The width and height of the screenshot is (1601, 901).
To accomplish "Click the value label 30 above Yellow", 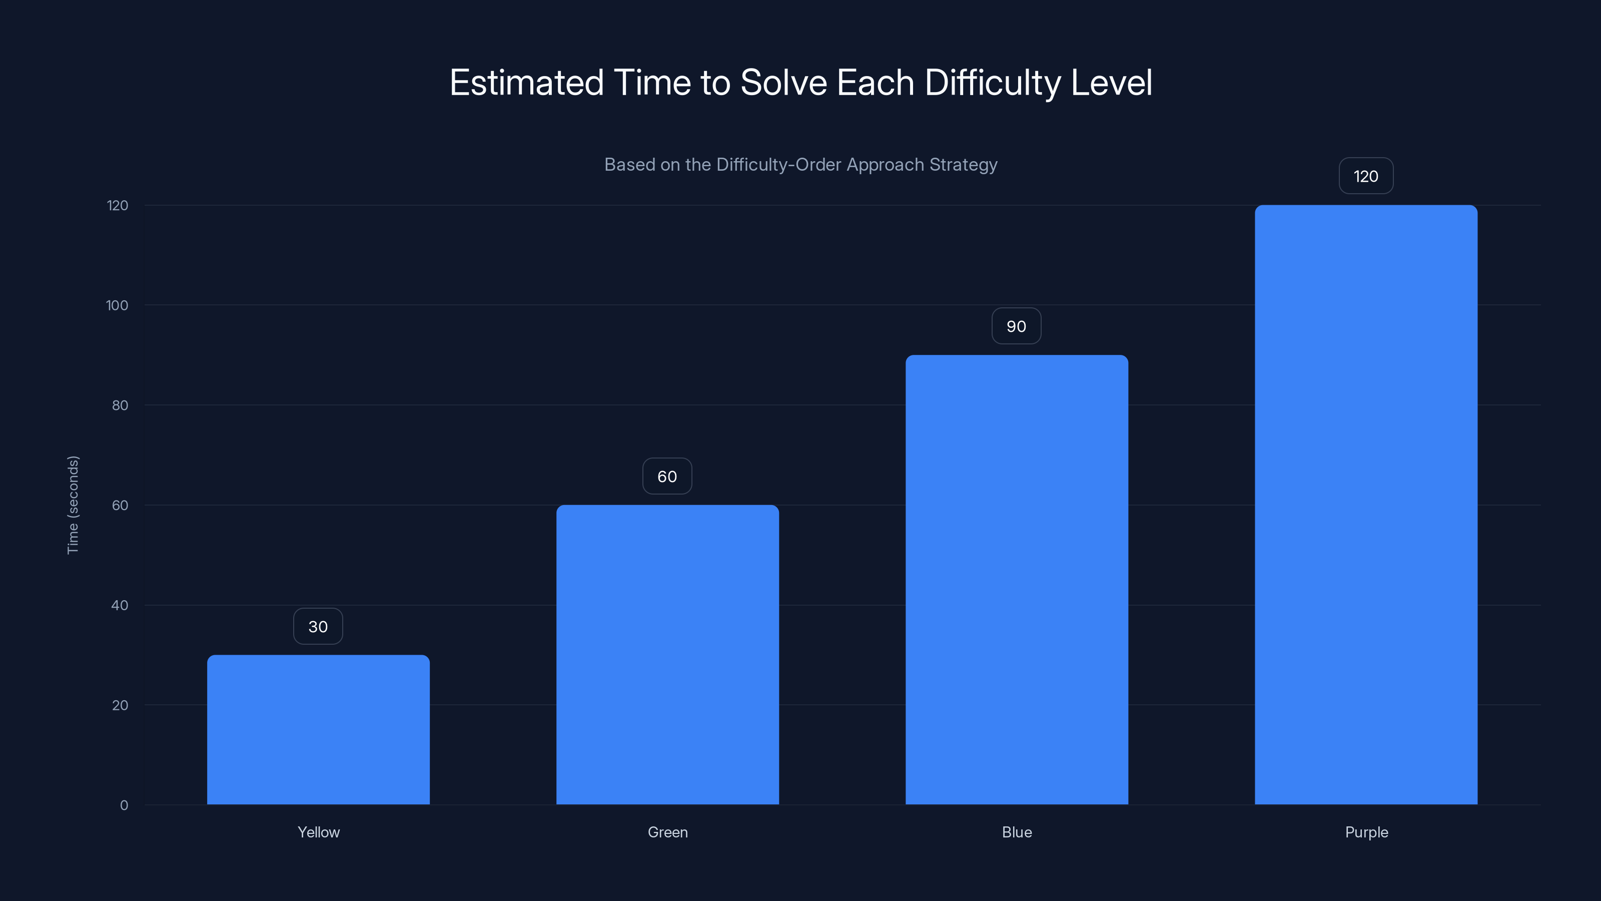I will click(x=318, y=626).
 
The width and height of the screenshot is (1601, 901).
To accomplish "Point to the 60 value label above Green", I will click(x=667, y=477).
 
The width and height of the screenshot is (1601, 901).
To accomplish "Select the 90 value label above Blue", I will click(x=1016, y=326).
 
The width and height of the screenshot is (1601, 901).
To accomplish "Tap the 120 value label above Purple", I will click(x=1366, y=176).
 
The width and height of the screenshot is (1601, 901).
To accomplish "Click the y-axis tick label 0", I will click(x=124, y=805).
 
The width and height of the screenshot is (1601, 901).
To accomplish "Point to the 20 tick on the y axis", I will click(x=120, y=705).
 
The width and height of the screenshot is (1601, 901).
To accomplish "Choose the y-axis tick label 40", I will click(x=120, y=605).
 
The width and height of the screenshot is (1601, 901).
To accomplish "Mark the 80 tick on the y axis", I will click(x=120, y=405).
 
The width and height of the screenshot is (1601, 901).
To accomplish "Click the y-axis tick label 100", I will click(x=118, y=305).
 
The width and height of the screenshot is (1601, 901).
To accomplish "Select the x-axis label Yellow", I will click(x=319, y=832).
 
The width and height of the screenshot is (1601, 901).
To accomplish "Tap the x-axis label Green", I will click(x=667, y=832).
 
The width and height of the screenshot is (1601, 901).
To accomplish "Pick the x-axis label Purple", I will click(x=1366, y=832).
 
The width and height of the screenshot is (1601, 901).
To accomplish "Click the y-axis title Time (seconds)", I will click(x=73, y=505).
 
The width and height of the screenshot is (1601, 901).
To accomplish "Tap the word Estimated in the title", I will click(x=526, y=83).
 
